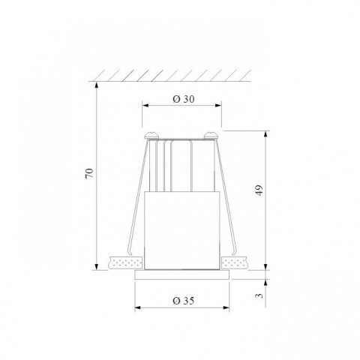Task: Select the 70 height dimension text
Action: click(89, 174)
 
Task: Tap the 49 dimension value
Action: click(258, 190)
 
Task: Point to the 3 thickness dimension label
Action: click(258, 295)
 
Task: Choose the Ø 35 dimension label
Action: click(183, 300)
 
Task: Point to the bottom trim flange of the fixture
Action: click(182, 274)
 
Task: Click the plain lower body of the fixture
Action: click(182, 229)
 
